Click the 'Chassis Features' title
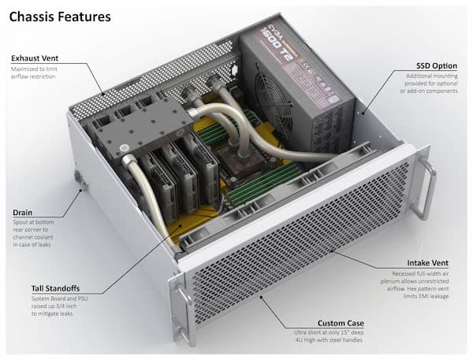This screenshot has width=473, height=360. [x=60, y=16]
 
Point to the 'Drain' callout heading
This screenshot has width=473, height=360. [x=23, y=213]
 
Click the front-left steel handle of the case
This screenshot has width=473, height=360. [x=184, y=315]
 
